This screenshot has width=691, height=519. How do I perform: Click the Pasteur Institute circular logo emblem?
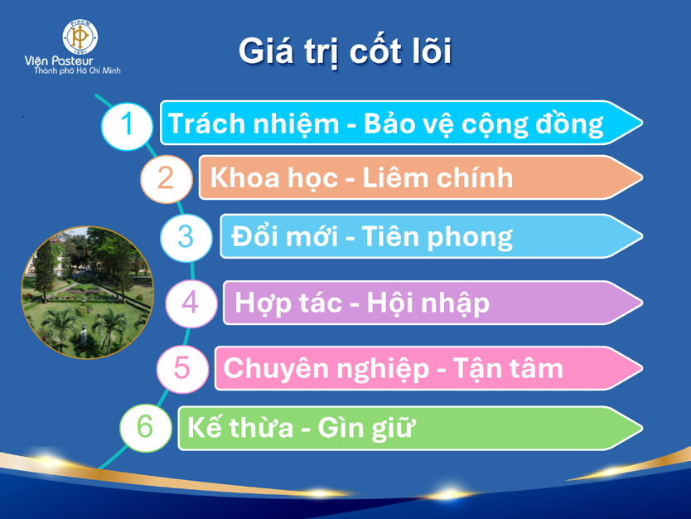80,36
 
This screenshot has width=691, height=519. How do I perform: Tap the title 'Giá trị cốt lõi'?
345,51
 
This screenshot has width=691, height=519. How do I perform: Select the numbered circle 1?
127,126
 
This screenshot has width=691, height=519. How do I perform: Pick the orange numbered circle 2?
167,179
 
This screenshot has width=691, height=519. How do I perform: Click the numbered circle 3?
186,237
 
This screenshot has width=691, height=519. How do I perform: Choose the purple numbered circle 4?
191,303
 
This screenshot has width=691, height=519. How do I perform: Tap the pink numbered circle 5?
182,369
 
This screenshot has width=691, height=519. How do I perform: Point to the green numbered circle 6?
146,428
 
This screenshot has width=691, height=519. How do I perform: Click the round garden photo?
88,293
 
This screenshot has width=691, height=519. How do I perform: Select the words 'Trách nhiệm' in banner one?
253,124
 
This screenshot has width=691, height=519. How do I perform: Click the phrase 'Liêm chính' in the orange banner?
437,177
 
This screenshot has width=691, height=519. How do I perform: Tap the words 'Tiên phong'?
437,238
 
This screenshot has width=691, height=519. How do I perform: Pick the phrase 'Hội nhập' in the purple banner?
428,303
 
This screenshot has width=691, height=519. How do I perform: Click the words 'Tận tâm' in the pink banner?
508,368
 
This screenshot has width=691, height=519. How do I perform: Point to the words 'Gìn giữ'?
365,428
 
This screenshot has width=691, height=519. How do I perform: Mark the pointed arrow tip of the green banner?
642,428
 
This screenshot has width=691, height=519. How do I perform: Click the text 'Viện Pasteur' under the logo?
59,61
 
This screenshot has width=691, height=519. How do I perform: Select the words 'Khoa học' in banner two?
273,178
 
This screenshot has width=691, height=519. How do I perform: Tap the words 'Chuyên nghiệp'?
326,370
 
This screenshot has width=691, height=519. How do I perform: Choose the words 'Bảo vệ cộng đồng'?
483,124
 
